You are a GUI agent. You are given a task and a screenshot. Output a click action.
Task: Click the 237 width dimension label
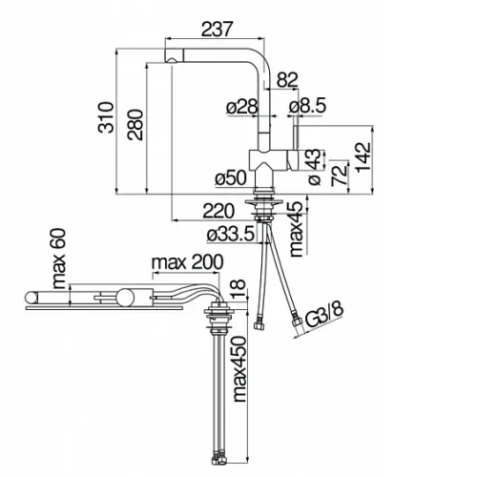[x=218, y=29]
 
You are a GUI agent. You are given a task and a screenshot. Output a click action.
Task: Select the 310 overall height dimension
[x=106, y=117]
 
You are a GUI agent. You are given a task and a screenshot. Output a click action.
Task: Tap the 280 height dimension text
[x=135, y=125]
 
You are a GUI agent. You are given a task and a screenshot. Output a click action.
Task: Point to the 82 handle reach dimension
[x=287, y=80]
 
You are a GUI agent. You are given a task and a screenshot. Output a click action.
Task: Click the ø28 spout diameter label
[x=242, y=107]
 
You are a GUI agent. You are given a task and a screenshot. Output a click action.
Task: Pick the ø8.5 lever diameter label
[x=307, y=106]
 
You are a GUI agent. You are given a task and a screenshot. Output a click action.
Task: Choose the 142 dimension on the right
[x=363, y=158]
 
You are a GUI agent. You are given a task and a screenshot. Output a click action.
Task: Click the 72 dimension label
[x=339, y=174]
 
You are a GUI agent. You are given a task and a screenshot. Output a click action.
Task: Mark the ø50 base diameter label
[x=231, y=178]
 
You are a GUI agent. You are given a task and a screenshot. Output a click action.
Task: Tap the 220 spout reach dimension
[x=218, y=211]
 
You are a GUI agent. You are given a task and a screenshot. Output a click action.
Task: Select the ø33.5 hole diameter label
[x=231, y=235]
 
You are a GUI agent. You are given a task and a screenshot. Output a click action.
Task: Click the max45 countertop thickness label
[x=297, y=229]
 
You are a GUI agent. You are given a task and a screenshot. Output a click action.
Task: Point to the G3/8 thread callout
[x=324, y=315]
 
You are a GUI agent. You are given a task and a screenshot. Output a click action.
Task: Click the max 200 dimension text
[x=188, y=262]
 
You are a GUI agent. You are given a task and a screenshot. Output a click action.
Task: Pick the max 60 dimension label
[x=58, y=259]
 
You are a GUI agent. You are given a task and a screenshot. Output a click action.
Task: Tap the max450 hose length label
[x=239, y=369]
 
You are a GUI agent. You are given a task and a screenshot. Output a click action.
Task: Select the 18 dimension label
[x=238, y=289]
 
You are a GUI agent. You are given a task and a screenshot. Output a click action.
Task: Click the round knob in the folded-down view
[x=125, y=298]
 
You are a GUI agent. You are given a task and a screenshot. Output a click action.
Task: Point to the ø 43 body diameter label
[x=315, y=166]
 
